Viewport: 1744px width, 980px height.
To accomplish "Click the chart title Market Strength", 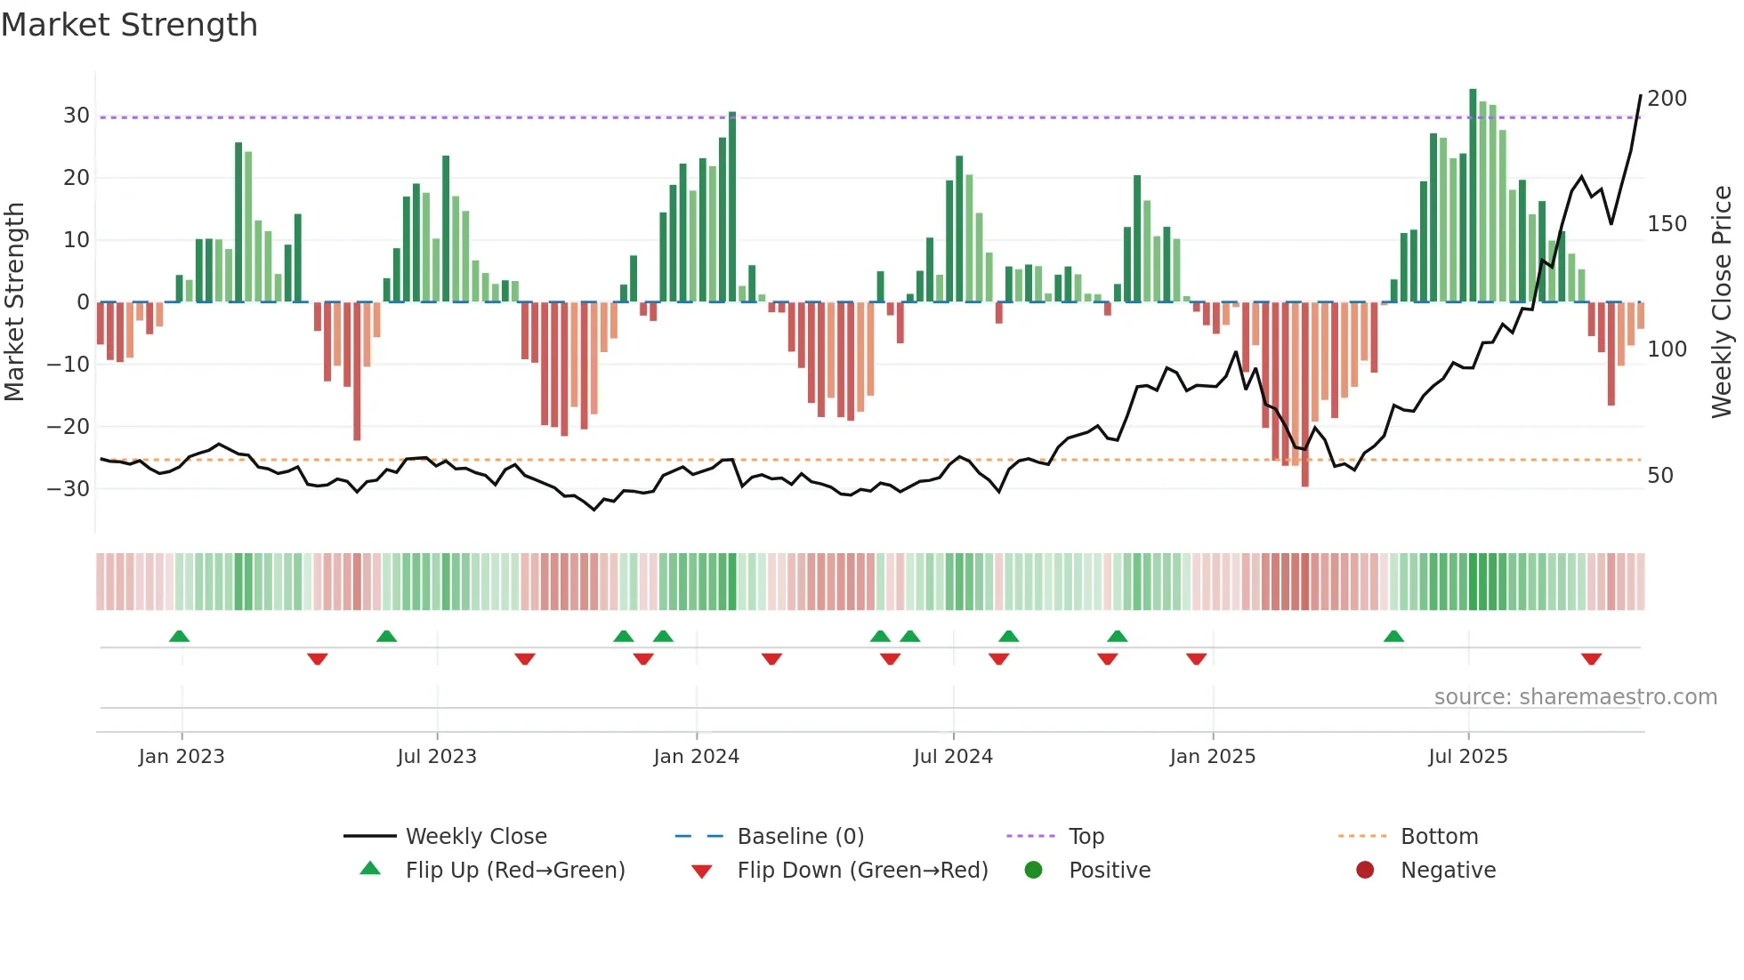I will (129, 25).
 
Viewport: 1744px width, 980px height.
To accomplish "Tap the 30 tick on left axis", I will (76, 116).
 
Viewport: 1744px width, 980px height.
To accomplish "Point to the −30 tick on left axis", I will (69, 489).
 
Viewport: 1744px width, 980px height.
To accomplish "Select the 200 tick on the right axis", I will (1667, 99).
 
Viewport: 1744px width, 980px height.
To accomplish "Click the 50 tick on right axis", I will (1660, 476).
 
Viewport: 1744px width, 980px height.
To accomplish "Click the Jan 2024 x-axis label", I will (696, 757).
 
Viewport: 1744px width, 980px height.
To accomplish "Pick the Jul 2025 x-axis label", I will (1468, 757).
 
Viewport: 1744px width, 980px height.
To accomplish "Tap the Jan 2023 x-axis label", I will (182, 757).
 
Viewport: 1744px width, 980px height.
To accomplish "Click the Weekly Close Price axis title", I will (1722, 302).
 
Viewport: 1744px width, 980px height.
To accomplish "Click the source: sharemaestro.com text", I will (1575, 697).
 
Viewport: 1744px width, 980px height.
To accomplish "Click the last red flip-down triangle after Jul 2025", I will (1591, 659).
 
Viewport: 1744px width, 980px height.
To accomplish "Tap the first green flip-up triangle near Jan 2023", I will (179, 636).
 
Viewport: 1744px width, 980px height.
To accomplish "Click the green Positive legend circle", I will (1033, 871).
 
